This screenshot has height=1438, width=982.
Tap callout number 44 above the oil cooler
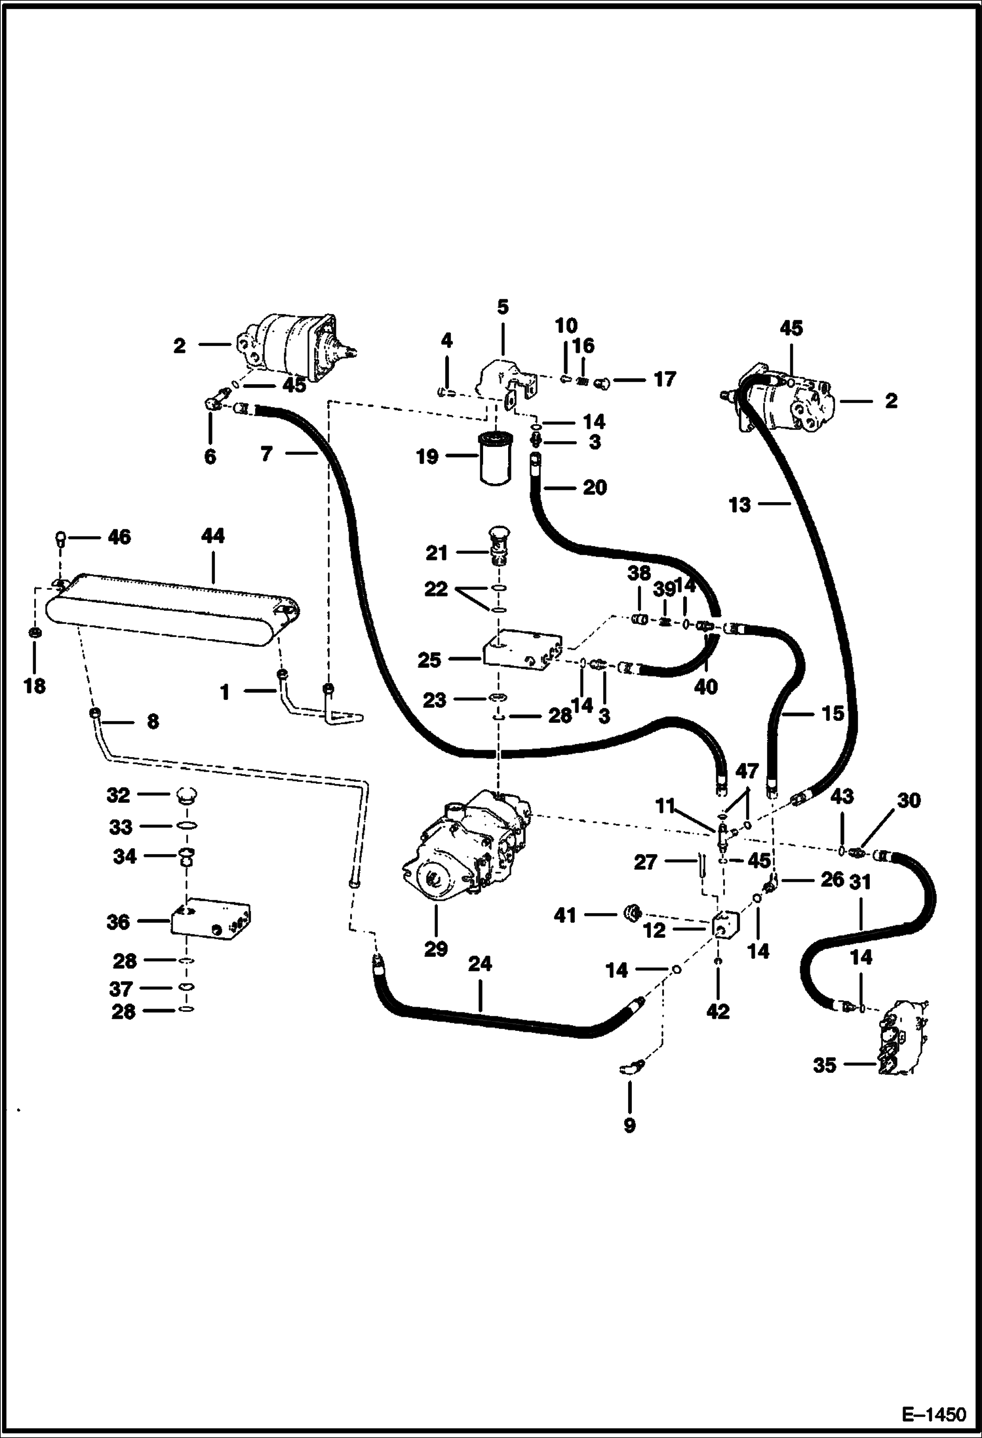(x=213, y=536)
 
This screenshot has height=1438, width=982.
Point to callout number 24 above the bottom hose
(x=480, y=964)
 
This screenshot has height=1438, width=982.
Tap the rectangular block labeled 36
(x=210, y=922)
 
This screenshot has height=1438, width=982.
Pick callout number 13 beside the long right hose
(x=739, y=505)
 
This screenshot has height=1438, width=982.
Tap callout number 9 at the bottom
(x=629, y=1125)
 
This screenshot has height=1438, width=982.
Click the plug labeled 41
(x=633, y=912)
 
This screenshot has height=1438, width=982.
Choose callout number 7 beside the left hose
(x=266, y=454)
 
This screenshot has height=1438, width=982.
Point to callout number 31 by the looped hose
(x=861, y=882)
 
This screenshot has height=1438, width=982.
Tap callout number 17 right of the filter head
(x=665, y=379)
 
